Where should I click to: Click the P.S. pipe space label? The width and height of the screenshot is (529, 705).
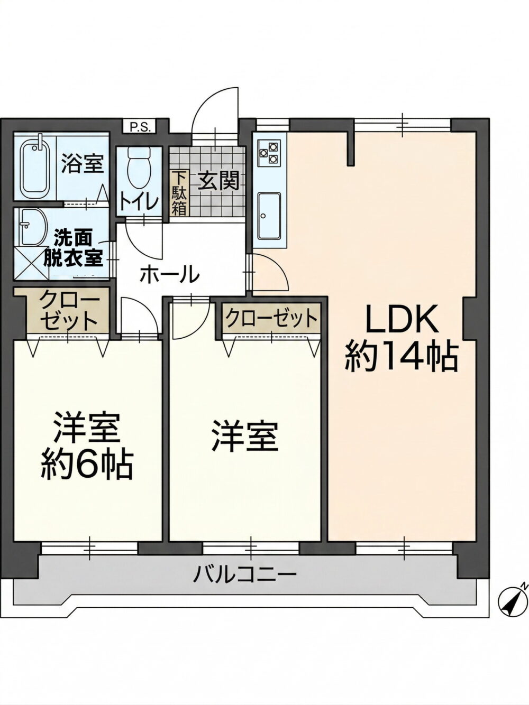tap(140, 127)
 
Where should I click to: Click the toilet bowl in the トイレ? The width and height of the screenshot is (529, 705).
tap(139, 169)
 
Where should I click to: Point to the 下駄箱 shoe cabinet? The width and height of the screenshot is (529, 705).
tap(179, 194)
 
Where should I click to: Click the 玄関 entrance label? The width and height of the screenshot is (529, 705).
tap(218, 181)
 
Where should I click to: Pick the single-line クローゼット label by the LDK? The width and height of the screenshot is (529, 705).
tap(271, 319)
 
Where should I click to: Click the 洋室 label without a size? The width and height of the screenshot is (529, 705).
tap(244, 438)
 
